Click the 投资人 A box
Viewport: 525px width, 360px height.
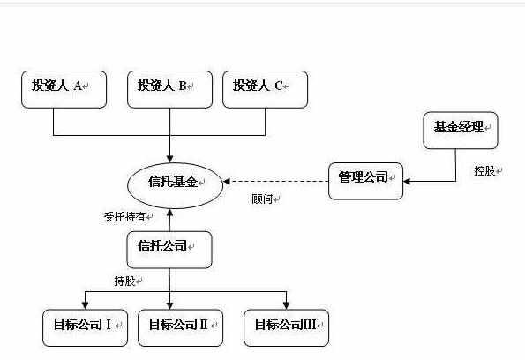64,89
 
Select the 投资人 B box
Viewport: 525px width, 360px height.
169,89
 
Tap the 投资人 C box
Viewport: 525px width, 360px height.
266,89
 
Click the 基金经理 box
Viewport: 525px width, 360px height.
461,131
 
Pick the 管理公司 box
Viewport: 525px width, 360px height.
365,181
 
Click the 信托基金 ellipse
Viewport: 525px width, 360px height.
175,185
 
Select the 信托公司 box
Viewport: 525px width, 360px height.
169,250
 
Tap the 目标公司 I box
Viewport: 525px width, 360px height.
85,328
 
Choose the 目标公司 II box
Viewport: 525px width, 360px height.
181,328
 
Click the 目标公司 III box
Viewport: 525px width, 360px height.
286,328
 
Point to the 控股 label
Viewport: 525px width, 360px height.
484,171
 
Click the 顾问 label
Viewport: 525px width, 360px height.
262,199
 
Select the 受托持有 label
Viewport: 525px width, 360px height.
124,217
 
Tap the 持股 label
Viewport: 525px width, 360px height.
124,281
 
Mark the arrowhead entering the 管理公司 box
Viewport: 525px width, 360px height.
407,181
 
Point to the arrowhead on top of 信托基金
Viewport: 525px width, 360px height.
169,159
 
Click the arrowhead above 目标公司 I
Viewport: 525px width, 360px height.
85,305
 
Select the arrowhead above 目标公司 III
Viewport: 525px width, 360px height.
286,305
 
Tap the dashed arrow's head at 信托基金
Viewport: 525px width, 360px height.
227,181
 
